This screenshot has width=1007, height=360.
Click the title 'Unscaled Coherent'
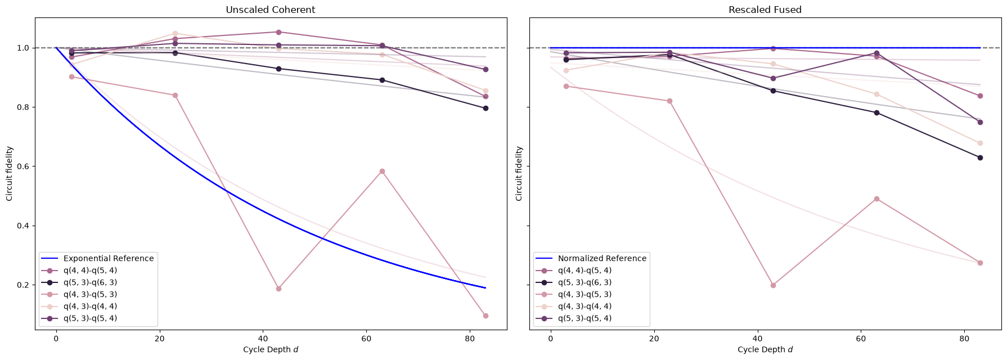[270, 10]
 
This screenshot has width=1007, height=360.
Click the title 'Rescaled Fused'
[765, 10]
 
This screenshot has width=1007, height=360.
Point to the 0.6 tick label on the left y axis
[23, 166]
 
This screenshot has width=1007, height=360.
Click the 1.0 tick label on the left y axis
[23, 48]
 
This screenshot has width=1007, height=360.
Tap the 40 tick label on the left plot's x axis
[263, 339]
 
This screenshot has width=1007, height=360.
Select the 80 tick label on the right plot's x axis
[964, 339]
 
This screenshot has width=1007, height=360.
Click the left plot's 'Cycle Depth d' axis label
[271, 350]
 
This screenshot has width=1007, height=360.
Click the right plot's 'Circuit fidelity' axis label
[519, 174]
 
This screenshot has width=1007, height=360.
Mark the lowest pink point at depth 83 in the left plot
[485, 316]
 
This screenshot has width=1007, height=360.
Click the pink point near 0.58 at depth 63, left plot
[382, 171]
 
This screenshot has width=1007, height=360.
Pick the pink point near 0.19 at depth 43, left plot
[278, 289]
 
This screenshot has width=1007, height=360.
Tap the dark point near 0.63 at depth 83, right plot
[980, 157]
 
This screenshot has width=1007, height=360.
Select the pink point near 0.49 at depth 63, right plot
[876, 199]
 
